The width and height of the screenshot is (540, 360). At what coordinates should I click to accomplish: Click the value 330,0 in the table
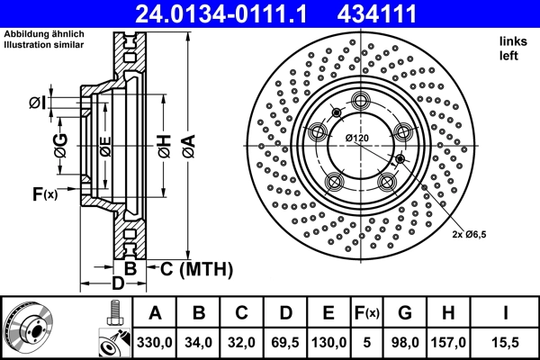point(155,342)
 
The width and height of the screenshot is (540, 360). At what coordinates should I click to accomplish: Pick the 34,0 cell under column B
point(199,342)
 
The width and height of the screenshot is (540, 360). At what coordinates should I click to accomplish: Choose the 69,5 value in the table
point(285,342)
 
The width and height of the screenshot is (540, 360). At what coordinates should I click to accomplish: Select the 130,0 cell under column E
point(329,342)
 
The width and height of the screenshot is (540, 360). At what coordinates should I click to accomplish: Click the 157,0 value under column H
point(448,342)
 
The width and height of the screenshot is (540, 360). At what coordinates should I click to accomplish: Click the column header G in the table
point(405,313)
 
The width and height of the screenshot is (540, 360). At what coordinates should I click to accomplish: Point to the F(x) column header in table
point(367,313)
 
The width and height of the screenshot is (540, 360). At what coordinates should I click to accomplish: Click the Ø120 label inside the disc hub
point(357,137)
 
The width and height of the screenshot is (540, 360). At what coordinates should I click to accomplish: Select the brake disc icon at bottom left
point(28,328)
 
